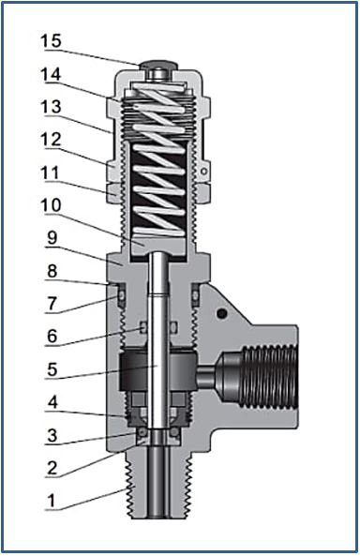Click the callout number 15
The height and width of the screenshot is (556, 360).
point(51,40)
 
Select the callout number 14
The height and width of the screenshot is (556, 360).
point(51,73)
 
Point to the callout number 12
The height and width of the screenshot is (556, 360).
point(51,140)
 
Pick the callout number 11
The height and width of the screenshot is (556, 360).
point(51,173)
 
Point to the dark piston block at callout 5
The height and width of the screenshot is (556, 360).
point(157,374)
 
